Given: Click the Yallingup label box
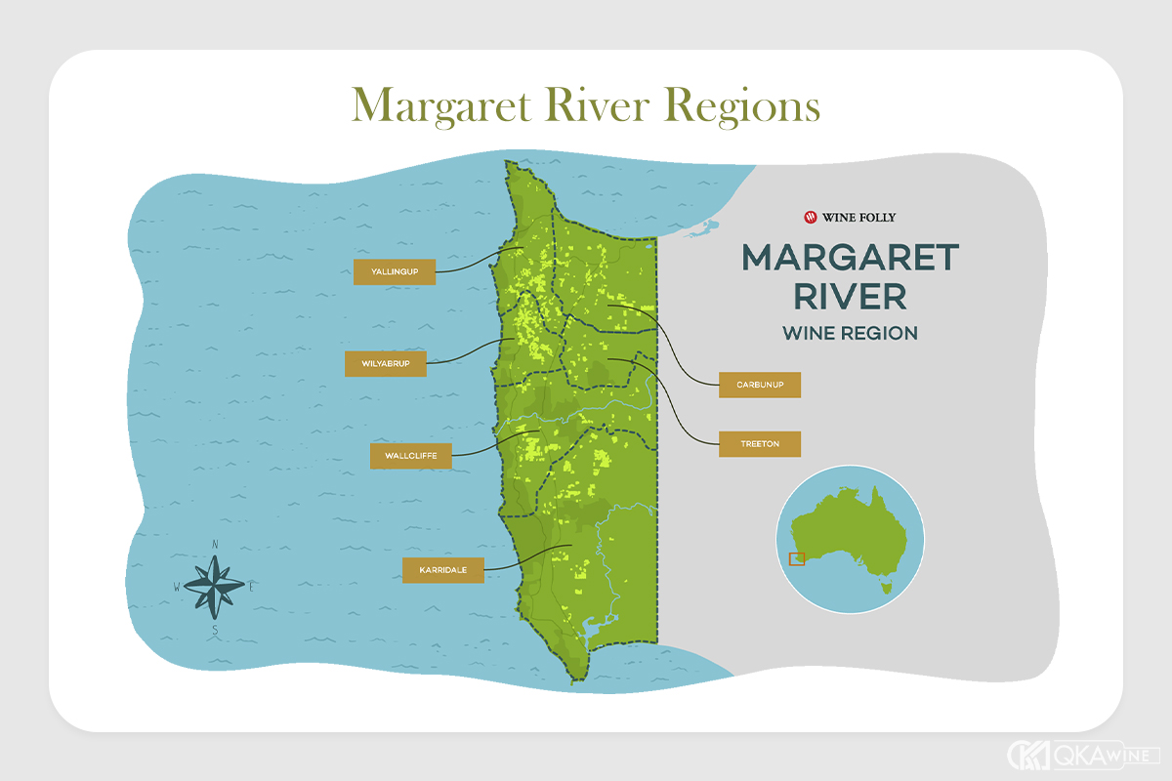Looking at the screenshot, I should click(x=394, y=271).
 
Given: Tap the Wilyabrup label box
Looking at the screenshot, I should click(x=386, y=364).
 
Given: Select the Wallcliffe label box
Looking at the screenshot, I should click(x=410, y=456).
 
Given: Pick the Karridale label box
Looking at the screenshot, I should click(x=442, y=570).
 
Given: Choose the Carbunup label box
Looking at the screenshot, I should click(x=759, y=385).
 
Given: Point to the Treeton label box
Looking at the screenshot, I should click(x=759, y=444).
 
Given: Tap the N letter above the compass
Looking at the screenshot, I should click(x=215, y=545).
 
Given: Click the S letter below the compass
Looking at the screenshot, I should click(x=215, y=631).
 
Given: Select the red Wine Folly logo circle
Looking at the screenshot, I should click(x=810, y=217).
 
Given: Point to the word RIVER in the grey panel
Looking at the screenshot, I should click(x=850, y=296).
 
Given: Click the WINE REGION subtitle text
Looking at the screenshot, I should click(x=850, y=333).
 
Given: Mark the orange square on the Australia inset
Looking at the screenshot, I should click(x=797, y=558).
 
